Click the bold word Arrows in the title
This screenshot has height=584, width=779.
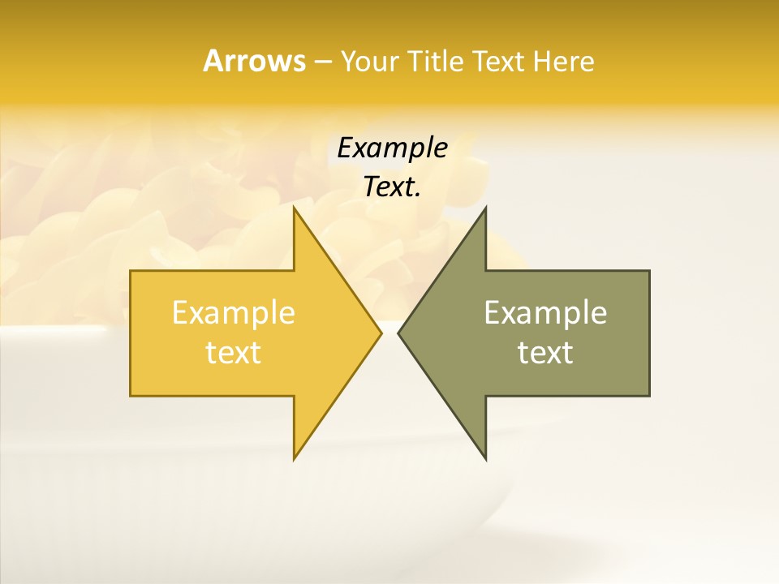253,61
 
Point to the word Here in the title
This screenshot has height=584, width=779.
564,61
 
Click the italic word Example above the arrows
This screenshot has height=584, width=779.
392,148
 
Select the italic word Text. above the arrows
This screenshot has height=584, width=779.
392,187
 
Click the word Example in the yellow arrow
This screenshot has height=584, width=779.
234,312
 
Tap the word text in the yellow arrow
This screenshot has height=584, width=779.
234,352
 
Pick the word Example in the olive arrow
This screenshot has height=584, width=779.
545,312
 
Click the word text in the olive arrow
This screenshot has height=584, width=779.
545,352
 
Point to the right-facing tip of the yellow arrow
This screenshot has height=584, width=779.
381,333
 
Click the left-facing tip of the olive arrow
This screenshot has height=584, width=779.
398,333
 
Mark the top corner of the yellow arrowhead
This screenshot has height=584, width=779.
294,207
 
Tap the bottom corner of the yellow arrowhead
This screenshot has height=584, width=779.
294,460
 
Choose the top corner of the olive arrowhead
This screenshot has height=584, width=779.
485,207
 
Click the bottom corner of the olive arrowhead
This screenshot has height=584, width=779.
485,460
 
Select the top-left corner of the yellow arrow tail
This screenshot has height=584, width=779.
131,271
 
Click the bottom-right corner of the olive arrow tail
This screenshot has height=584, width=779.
649,396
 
